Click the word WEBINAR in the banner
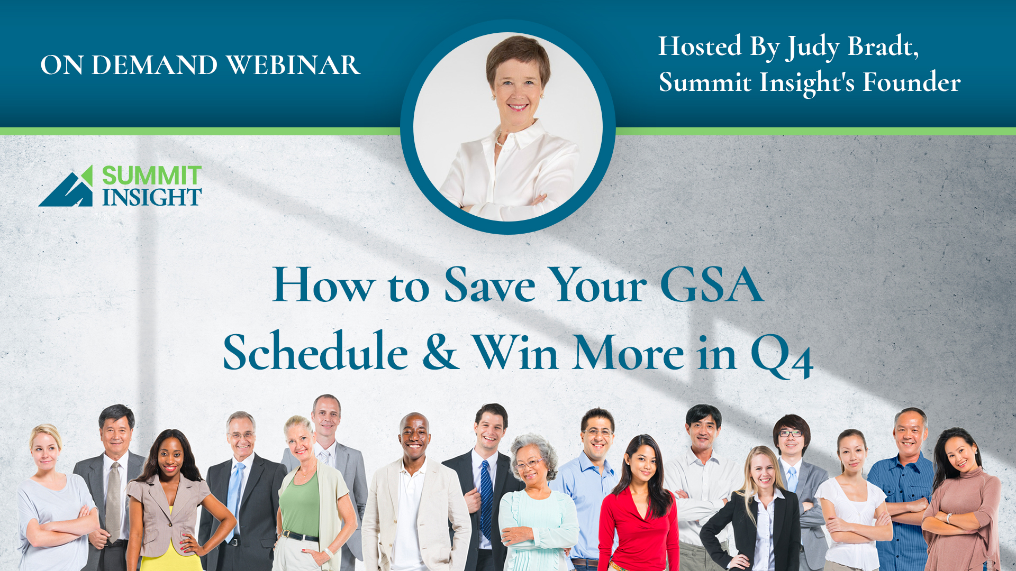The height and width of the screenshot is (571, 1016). [294, 65]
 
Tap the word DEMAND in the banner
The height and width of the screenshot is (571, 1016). [155, 65]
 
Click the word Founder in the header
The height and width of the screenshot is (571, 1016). [912, 82]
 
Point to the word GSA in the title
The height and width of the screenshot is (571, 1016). [712, 285]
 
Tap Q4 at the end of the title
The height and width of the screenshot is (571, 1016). [782, 355]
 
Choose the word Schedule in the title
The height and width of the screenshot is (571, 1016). [315, 351]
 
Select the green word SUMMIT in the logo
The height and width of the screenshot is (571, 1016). [151, 175]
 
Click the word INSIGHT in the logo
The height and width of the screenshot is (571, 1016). [152, 197]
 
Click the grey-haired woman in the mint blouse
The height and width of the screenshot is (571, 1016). [537, 503]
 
